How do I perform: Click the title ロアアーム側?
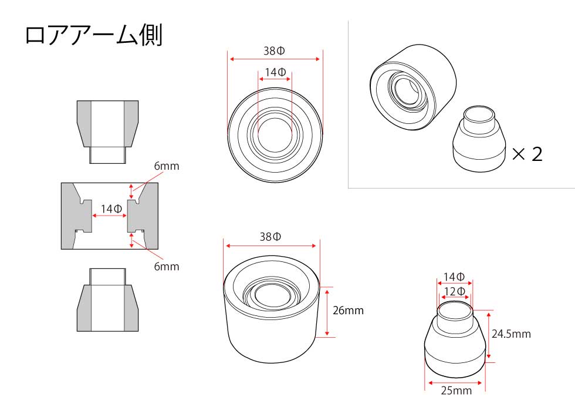(93, 36)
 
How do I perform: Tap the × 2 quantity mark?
(527, 154)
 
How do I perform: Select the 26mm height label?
(348, 311)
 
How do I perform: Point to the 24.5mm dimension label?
(511, 334)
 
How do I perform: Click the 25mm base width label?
(456, 391)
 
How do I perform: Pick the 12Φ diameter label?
(455, 291)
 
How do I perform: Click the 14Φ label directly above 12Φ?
(454, 277)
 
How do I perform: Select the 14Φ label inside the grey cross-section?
(111, 209)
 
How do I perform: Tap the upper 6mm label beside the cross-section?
(167, 166)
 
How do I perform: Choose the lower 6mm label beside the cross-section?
(167, 266)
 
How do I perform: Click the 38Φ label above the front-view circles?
(275, 51)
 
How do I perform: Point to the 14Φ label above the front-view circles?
(275, 72)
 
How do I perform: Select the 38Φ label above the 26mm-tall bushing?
(270, 237)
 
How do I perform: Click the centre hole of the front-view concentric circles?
(275, 134)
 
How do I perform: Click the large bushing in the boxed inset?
(413, 87)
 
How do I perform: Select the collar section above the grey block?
(107, 132)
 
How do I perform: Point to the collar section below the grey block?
(107, 300)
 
